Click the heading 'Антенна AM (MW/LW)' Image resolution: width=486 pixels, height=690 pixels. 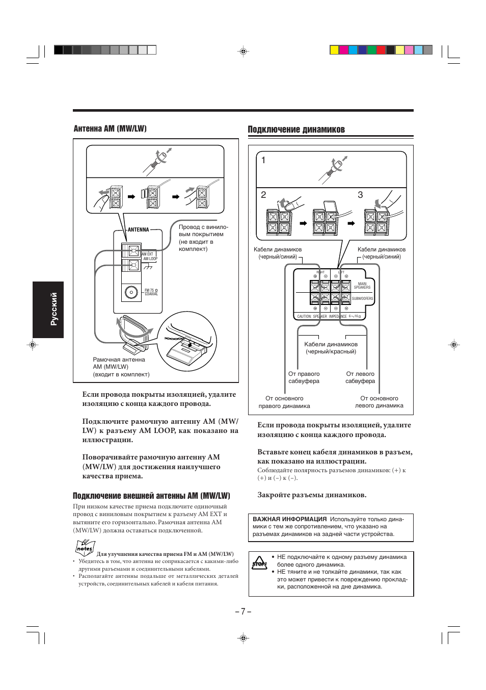click(110, 129)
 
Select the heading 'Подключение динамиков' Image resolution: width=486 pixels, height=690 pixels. click(296, 130)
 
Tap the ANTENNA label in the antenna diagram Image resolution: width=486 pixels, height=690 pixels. click(138, 230)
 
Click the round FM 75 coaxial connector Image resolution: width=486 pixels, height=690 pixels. click(131, 293)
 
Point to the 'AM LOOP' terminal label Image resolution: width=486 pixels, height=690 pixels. click(150, 259)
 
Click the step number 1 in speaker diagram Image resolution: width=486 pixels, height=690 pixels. click(263, 160)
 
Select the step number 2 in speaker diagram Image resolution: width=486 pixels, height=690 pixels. click(263, 195)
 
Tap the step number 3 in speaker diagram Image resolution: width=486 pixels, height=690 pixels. click(360, 195)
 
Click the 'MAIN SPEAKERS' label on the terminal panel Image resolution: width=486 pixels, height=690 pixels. click(362, 286)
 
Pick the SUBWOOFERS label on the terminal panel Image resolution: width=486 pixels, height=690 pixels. click(362, 299)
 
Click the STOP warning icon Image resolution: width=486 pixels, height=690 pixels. click(259, 563)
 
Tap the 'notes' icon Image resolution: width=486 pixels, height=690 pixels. click(84, 548)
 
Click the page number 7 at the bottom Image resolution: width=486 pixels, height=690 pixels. click(243, 611)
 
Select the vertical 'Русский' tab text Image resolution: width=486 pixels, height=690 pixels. click(54, 309)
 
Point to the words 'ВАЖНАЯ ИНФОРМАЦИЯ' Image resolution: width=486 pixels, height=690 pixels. click(290, 519)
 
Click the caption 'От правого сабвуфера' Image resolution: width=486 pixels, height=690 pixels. click(304, 377)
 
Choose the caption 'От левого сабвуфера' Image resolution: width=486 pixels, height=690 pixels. click(360, 377)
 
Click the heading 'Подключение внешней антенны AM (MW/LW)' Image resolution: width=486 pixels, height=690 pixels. click(151, 496)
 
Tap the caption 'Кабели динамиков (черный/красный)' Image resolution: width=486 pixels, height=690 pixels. click(331, 348)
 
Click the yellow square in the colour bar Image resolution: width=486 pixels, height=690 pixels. click(334, 50)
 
